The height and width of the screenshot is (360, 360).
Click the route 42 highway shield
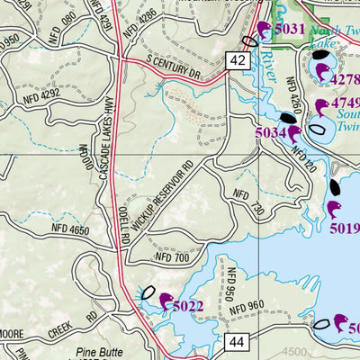click(237, 59)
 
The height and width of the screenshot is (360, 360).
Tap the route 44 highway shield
click(236, 342)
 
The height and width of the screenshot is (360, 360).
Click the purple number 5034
click(272, 133)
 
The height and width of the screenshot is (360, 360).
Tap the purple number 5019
click(345, 228)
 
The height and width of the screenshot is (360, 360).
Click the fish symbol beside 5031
click(262, 31)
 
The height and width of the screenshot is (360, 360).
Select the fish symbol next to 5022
click(165, 300)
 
